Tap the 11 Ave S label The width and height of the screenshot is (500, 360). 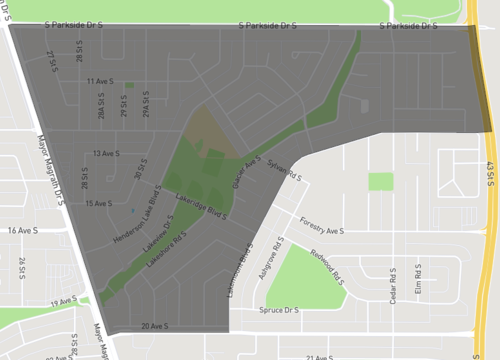point(100,81)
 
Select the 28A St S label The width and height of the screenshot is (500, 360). point(101,107)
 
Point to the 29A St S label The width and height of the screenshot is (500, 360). point(146,105)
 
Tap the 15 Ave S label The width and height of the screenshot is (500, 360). point(98,204)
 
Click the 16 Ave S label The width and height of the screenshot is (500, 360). point(22,230)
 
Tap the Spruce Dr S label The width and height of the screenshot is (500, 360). point(279,310)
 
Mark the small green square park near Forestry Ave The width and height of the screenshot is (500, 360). point(381,182)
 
